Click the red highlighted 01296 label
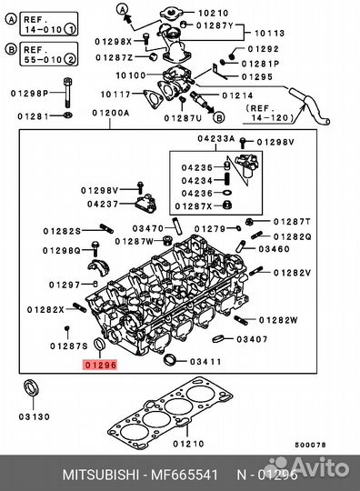point(100,366)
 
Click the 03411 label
point(205,362)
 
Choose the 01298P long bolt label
point(27,93)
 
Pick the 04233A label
point(216,139)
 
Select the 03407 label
point(252,340)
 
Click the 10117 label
point(116,95)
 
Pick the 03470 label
point(147,227)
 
